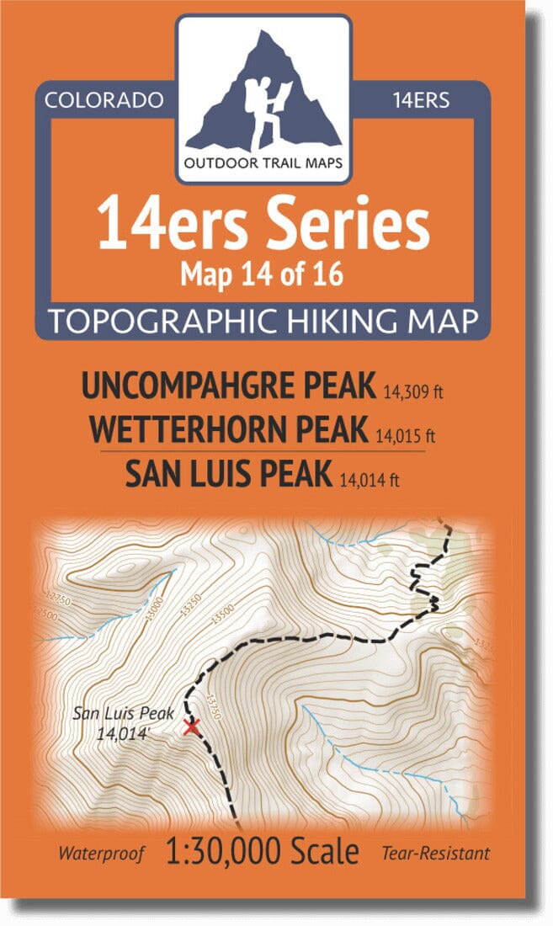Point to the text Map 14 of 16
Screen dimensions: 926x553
coord(263,274)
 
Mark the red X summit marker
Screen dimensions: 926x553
coord(191,726)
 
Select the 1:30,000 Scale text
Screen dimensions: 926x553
coord(263,851)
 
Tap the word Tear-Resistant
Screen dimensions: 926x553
coord(435,854)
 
